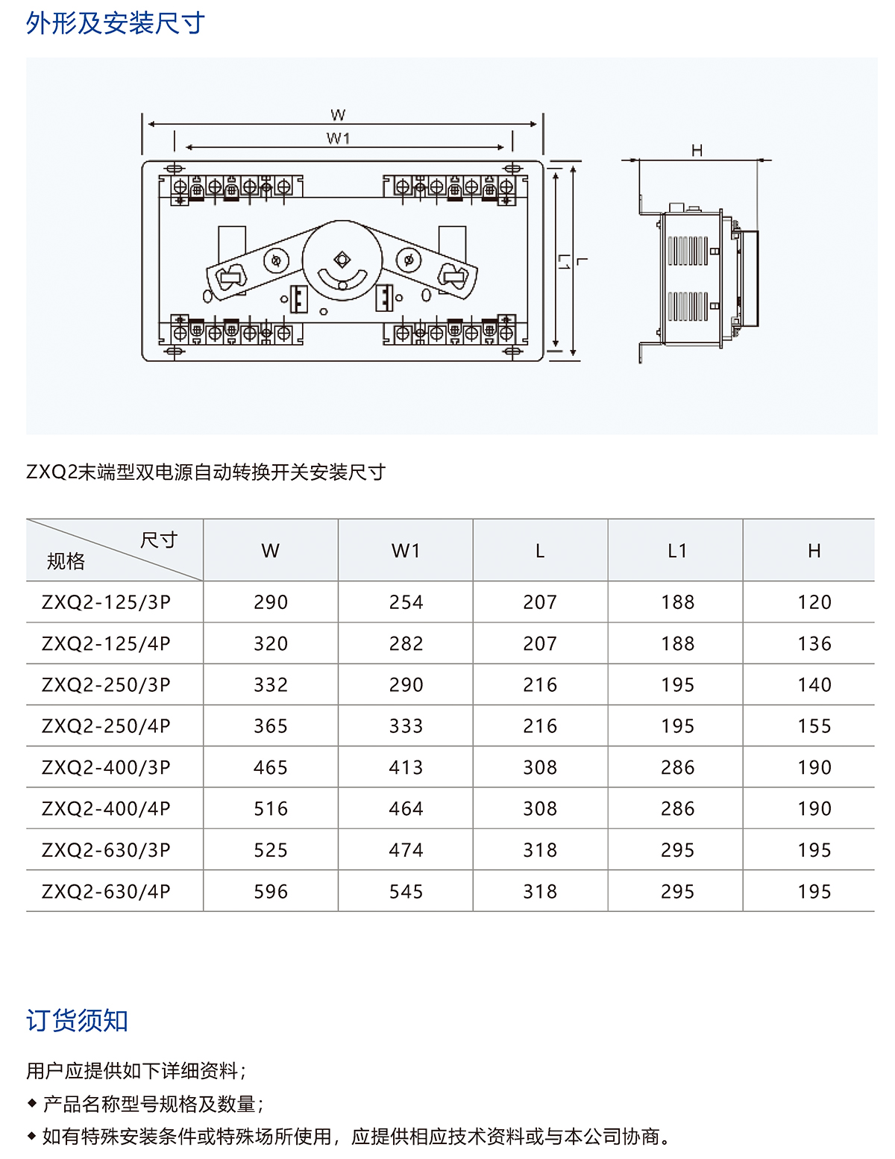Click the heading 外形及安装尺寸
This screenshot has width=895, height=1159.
click(116, 23)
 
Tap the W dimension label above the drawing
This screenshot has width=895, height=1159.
click(338, 115)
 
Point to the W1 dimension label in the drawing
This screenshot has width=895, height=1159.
click(338, 138)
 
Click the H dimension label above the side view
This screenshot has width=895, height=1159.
click(697, 150)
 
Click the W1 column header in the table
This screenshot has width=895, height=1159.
click(406, 551)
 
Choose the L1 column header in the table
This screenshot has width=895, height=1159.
click(677, 551)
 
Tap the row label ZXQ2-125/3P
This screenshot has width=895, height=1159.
click(106, 602)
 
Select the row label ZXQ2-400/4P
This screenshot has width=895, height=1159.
click(106, 808)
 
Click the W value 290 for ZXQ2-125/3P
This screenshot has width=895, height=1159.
click(271, 602)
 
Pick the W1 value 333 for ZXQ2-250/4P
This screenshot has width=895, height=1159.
click(406, 726)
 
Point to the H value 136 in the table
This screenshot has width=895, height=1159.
click(814, 643)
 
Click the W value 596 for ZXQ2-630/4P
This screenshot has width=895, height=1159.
click(271, 891)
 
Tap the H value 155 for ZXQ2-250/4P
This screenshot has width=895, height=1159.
click(814, 726)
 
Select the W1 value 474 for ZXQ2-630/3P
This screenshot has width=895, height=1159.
click(406, 850)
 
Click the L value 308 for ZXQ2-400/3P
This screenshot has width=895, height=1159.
click(540, 767)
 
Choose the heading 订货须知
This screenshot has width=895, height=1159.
click(77, 1020)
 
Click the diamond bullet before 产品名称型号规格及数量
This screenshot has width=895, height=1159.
click(31, 1102)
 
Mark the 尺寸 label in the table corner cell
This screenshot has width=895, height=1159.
click(159, 540)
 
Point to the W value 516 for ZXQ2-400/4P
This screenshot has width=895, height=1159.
click(271, 808)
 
